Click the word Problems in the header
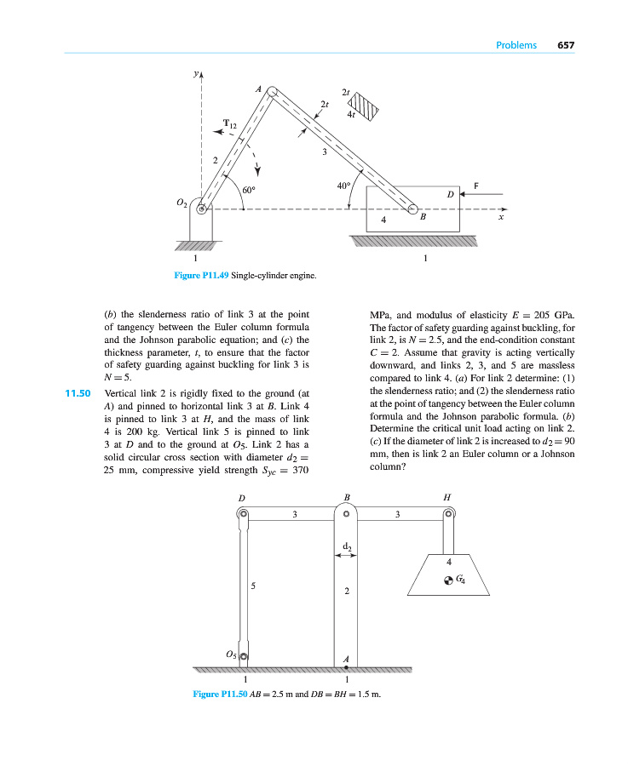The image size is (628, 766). point(516,45)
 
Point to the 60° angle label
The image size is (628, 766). point(250,191)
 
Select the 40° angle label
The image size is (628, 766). point(344,185)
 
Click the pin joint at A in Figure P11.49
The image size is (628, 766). point(271,90)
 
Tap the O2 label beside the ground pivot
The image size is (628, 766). point(181,203)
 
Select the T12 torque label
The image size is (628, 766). point(230,124)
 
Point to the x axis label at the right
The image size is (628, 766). point(502,218)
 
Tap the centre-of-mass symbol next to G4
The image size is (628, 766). point(448,580)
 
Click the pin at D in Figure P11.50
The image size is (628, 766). point(243,513)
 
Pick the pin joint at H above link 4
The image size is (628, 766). point(448,513)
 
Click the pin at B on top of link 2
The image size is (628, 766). point(347,513)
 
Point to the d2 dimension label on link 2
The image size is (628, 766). point(347,546)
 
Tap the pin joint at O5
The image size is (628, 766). point(243,656)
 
